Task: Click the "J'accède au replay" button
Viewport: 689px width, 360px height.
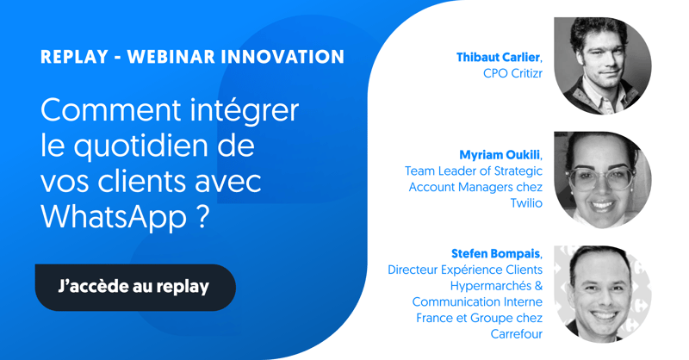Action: coord(135,287)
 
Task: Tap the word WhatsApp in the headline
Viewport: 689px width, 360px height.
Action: coord(114,217)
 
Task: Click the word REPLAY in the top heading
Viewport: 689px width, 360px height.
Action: coord(74,57)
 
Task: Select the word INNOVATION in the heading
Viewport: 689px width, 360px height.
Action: coord(282,57)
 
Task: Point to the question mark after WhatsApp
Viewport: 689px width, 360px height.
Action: coord(203,216)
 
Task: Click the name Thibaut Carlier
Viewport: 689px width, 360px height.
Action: coord(498,57)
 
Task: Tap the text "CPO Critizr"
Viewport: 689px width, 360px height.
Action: coord(512,73)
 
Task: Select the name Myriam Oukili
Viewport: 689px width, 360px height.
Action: coord(500,155)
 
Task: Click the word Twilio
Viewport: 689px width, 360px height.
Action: coord(526,203)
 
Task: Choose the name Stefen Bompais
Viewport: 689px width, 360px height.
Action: coord(496,253)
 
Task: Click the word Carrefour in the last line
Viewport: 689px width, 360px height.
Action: coord(516,334)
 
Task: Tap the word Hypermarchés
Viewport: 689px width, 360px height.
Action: coord(491,286)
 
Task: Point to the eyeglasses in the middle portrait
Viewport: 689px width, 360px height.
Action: coord(601,177)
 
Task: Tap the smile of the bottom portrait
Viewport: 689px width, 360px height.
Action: coord(605,315)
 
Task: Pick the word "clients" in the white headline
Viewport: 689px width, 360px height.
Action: coord(142,181)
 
